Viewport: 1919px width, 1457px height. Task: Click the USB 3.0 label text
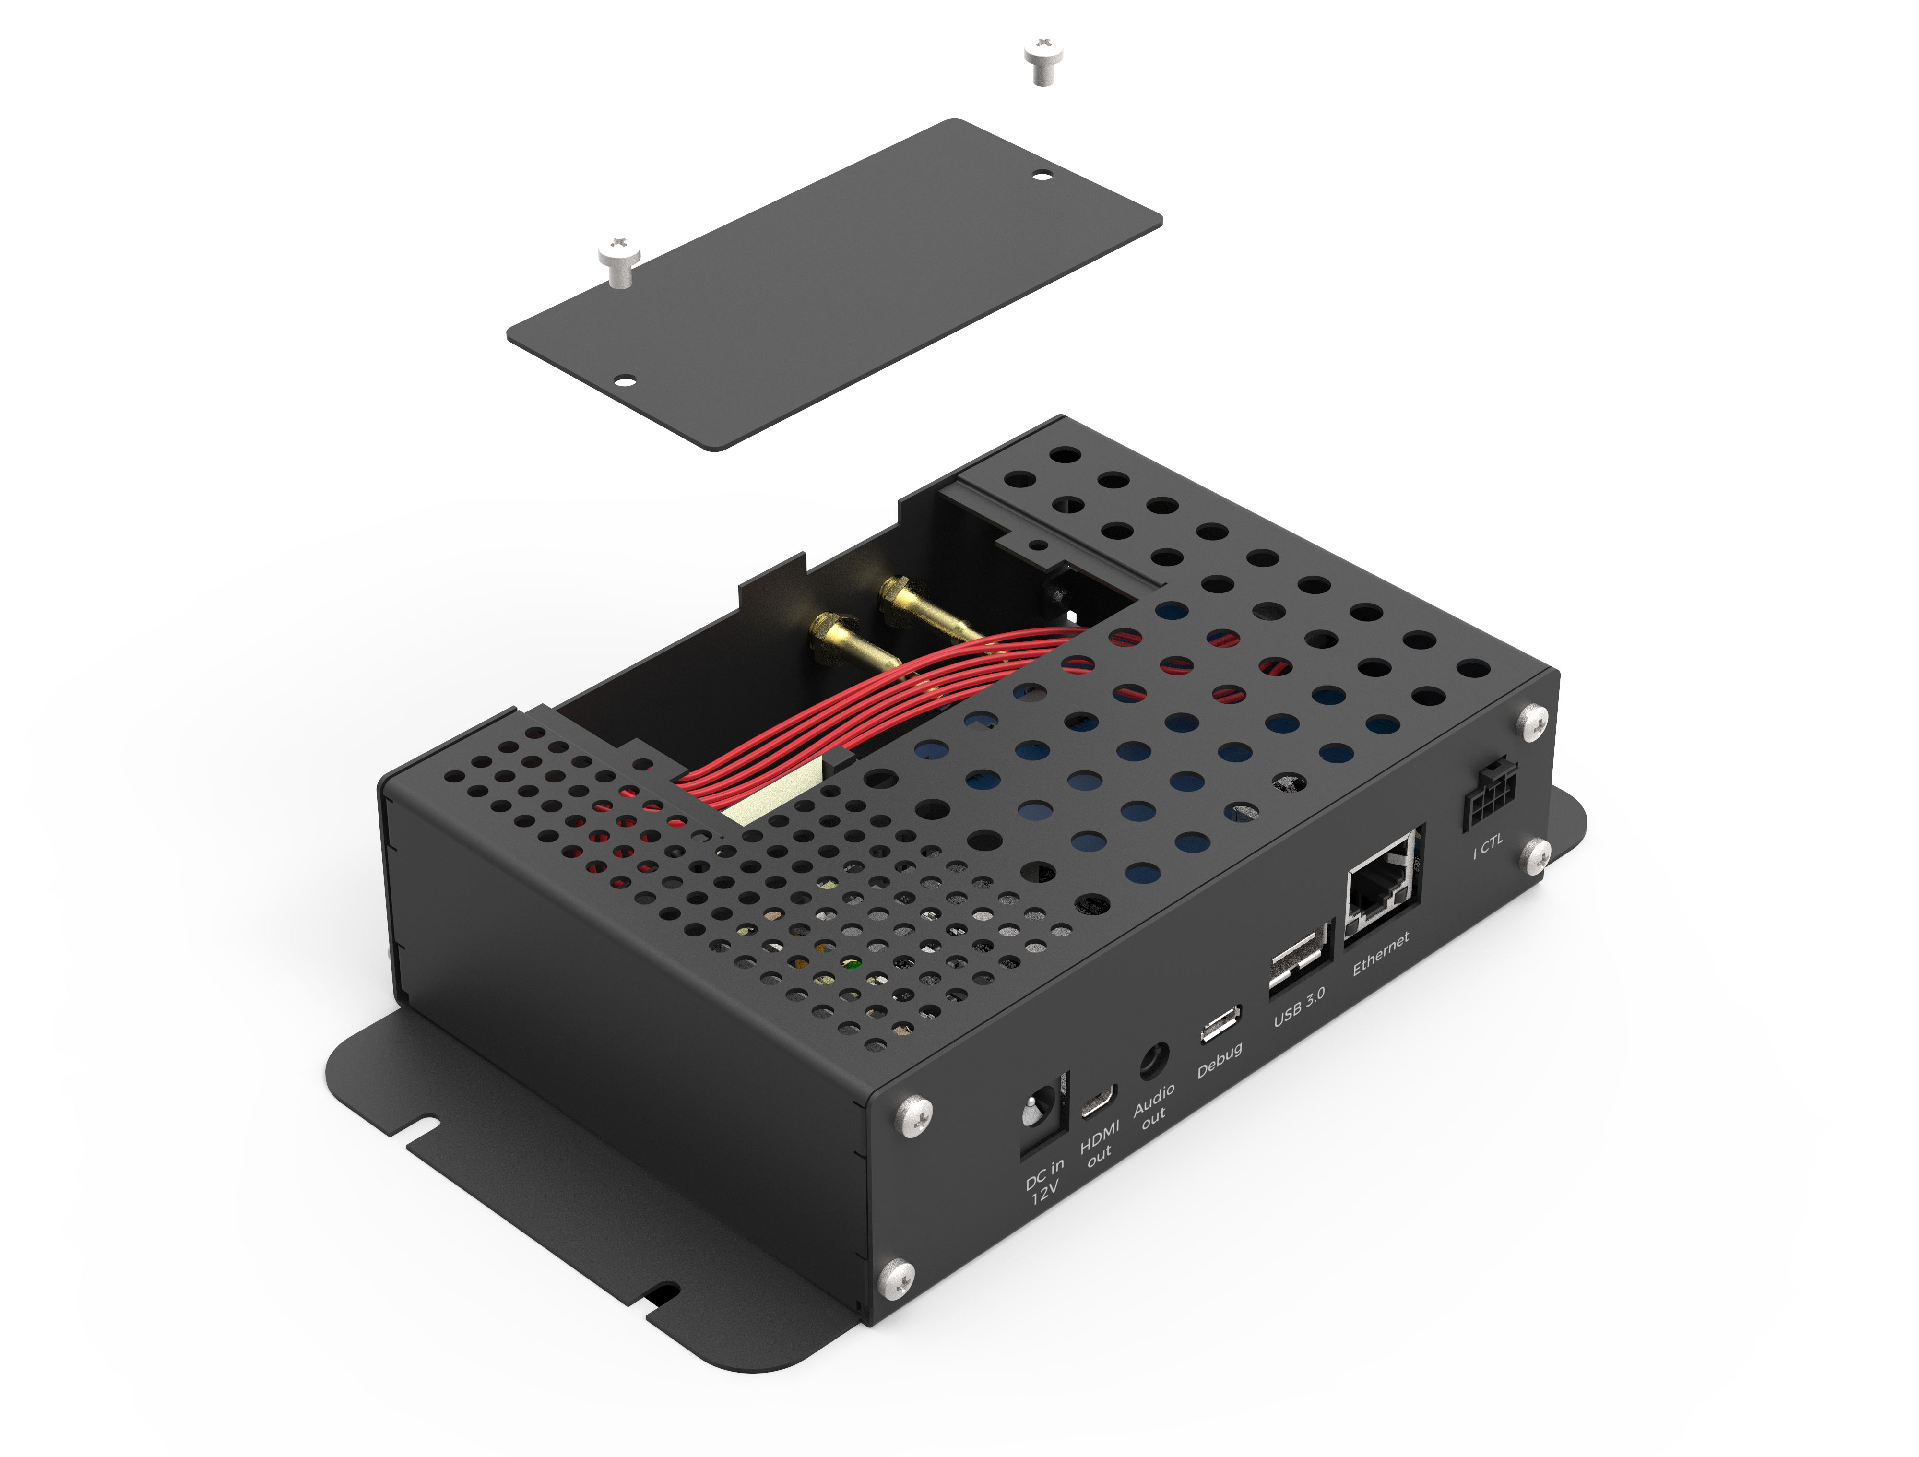pos(1299,1007)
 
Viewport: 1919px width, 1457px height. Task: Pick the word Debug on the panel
pos(1219,1060)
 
